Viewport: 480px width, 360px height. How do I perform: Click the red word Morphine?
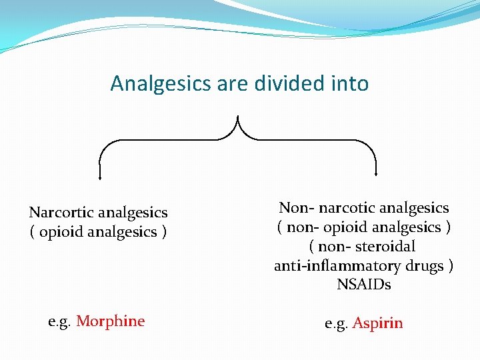tap(111, 321)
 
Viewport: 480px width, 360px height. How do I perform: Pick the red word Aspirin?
tap(378, 324)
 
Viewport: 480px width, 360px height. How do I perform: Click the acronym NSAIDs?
tap(364, 285)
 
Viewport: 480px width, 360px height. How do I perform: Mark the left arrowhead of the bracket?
tap(100, 177)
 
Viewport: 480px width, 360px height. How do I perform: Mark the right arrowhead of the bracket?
tap(377, 175)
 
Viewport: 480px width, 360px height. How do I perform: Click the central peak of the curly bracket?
tap(238, 118)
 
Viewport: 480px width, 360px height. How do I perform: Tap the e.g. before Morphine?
tap(60, 321)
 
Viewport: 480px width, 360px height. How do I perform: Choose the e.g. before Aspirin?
tap(337, 324)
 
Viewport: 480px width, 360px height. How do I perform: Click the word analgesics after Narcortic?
tap(133, 213)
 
